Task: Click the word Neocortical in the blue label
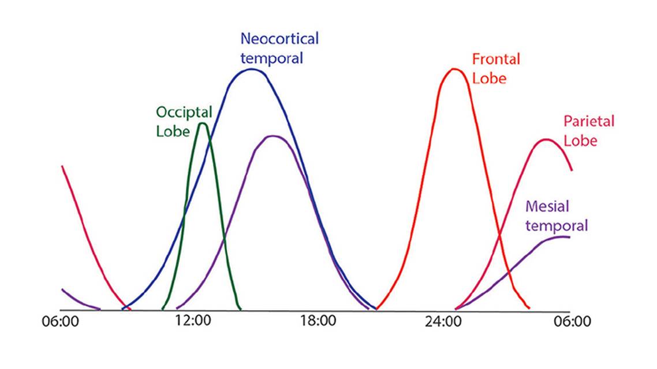click(279, 39)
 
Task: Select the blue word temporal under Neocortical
click(271, 58)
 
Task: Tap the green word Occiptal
click(184, 112)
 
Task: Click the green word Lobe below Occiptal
click(173, 131)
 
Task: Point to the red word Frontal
click(496, 59)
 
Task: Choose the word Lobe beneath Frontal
click(489, 78)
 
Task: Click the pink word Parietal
click(588, 122)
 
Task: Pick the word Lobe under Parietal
click(580, 141)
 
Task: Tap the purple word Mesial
click(548, 206)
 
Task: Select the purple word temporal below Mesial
click(557, 225)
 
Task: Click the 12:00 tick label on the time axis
click(192, 321)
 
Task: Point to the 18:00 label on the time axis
click(317, 321)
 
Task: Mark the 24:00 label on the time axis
click(443, 321)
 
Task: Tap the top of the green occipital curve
click(202, 123)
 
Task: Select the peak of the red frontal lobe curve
click(454, 69)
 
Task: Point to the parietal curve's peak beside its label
click(545, 139)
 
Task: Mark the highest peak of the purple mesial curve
click(272, 136)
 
